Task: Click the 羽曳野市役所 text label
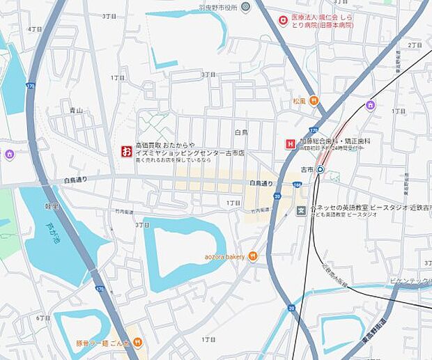pos(218,8)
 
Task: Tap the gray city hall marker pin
pos(245,8)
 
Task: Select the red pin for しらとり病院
pos(282,21)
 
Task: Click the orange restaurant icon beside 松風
pos(314,101)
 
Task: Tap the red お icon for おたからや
pos(126,150)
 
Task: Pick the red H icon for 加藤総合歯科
pos(289,144)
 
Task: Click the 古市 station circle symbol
pos(321,169)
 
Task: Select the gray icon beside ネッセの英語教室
pos(301,211)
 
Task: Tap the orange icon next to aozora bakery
pos(252,256)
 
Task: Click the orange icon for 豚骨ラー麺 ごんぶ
pos(138,342)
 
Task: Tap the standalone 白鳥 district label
pos(241,132)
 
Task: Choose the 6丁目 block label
pos(43,318)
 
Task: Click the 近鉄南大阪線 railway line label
pos(334,276)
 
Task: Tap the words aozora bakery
pos(224,256)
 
